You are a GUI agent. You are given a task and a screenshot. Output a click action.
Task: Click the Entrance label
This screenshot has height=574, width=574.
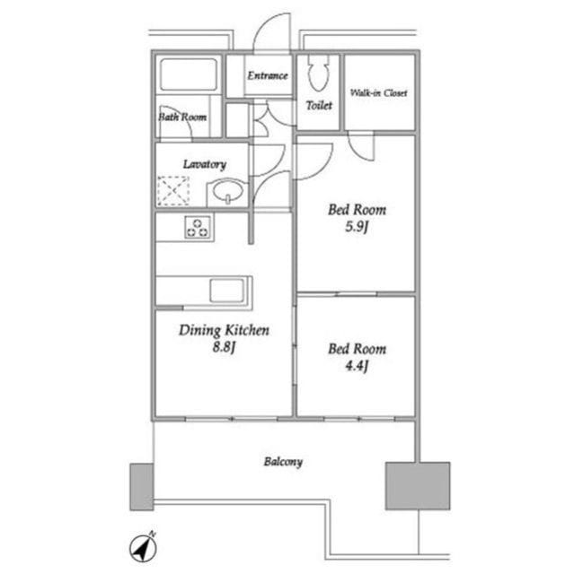point(267,75)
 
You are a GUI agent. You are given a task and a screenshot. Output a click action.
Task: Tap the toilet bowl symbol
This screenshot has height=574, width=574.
point(318,73)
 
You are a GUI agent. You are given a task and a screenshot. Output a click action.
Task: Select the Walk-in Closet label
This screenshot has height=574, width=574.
point(378,93)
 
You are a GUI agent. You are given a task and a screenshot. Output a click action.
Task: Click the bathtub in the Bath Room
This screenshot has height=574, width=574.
point(189,74)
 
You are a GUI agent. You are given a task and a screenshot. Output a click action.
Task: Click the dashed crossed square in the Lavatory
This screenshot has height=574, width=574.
point(173,190)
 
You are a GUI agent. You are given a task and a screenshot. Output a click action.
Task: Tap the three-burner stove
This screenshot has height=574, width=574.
point(199,228)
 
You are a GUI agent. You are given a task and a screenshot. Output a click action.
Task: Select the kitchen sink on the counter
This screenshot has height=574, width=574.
point(226,291)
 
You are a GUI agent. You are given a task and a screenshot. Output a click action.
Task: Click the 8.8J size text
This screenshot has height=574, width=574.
point(224,347)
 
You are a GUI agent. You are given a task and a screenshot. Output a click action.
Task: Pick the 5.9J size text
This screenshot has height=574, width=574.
point(357,227)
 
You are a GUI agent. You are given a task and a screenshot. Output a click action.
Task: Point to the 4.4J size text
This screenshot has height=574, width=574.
point(357,366)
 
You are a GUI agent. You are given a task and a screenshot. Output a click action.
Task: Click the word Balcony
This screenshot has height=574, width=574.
point(283,462)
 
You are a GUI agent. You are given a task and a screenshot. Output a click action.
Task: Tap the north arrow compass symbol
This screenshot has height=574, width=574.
point(144,547)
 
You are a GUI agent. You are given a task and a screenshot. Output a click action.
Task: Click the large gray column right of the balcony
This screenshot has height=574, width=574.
point(418,486)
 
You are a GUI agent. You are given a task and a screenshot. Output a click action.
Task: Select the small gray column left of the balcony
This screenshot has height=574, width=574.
point(142,487)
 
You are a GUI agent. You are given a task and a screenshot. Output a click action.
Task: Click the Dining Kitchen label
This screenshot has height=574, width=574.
point(224,330)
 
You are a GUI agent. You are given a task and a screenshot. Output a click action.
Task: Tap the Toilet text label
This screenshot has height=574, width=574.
point(319,106)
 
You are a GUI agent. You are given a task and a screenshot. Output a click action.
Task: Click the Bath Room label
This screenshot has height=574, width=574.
point(182,117)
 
